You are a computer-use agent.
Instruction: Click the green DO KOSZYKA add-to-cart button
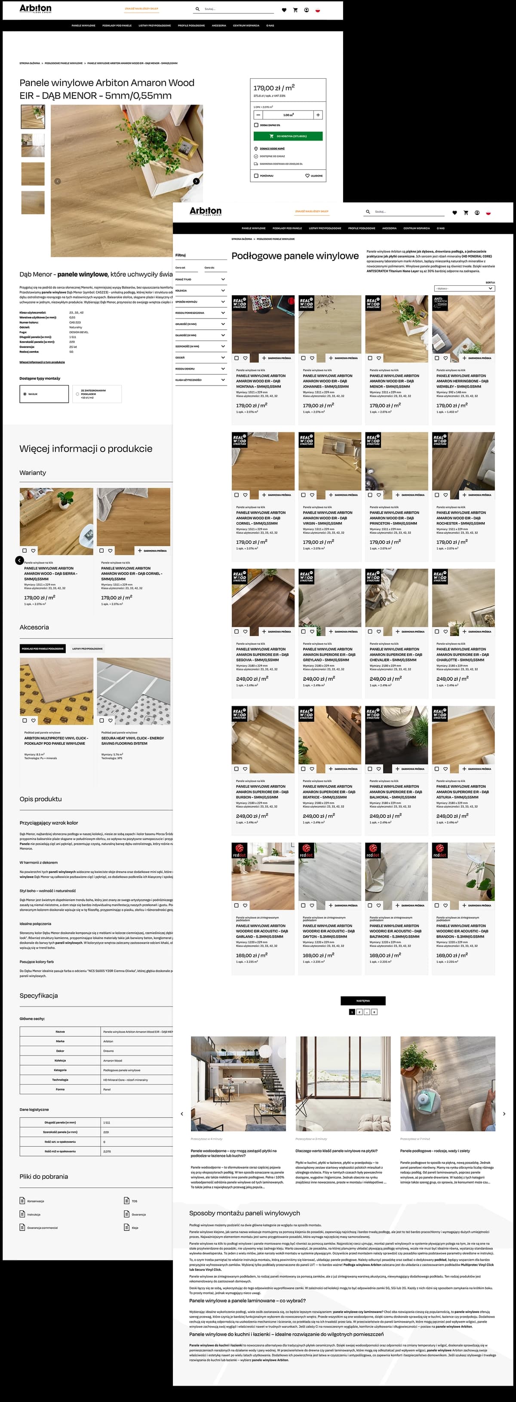click(288, 136)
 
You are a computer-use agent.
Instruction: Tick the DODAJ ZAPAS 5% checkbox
click(256, 125)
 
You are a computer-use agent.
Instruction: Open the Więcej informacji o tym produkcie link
click(42, 362)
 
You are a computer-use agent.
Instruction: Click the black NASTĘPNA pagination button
click(363, 1000)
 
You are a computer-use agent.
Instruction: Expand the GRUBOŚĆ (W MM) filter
click(200, 324)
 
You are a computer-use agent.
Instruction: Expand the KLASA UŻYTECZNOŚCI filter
click(200, 380)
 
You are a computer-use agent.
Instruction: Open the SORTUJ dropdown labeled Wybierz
click(464, 288)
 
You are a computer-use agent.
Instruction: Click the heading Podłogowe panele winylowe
click(295, 256)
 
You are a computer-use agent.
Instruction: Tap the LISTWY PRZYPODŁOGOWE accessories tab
click(88, 649)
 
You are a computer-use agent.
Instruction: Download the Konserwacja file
click(35, 1200)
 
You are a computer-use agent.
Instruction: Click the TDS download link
click(134, 1200)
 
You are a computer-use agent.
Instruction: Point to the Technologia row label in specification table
click(60, 1079)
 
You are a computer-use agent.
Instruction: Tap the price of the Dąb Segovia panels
click(252, 679)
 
